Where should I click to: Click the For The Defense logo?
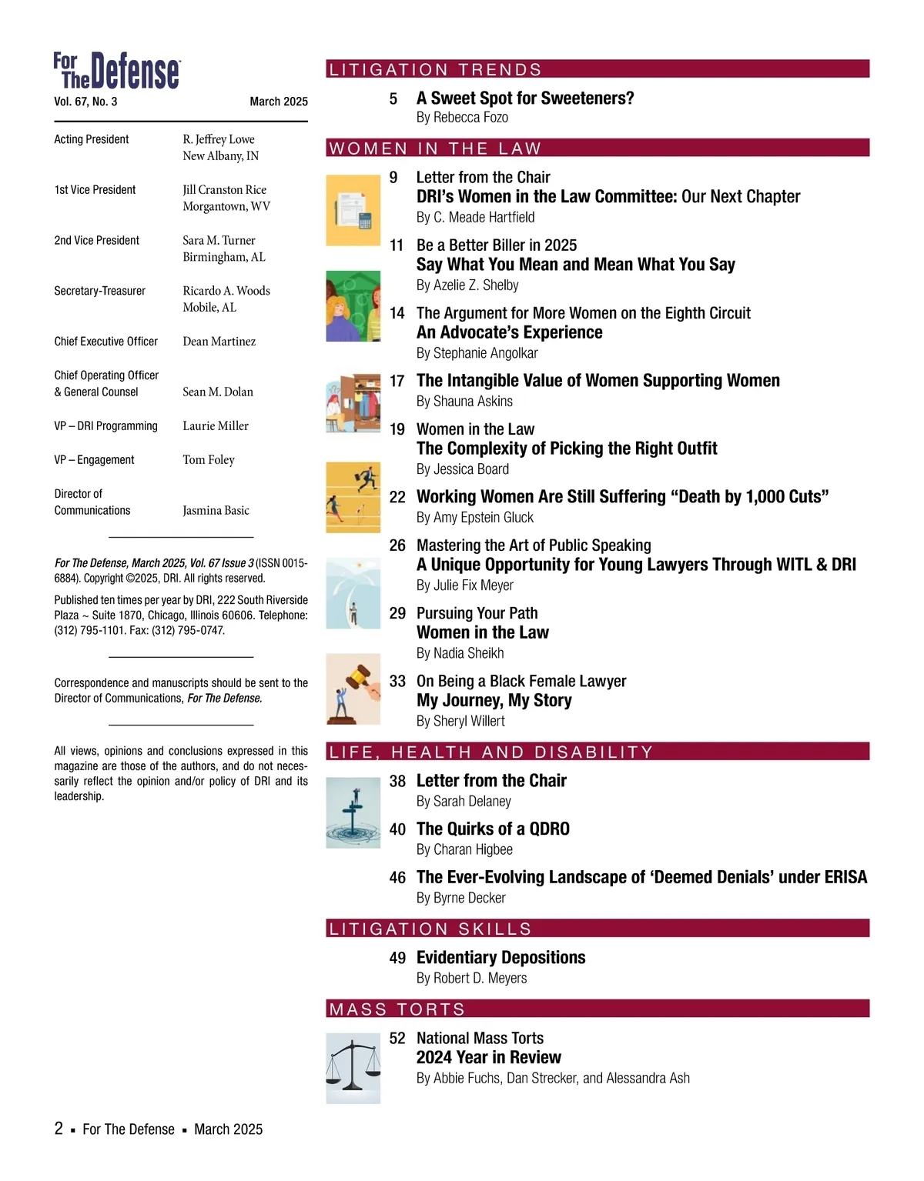[117, 71]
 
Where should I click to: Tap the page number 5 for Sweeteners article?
[393, 98]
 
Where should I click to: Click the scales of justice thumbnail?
[353, 1069]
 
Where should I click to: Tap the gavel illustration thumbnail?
[353, 689]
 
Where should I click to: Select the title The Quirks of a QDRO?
[493, 829]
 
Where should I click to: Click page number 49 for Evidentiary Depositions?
[397, 958]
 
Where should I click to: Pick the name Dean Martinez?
[219, 342]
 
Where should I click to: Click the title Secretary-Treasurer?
[100, 291]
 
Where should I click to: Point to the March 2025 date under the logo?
[279, 102]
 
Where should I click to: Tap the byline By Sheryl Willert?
[460, 721]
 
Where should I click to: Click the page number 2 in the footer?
[59, 1129]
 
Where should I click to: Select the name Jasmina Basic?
[216, 511]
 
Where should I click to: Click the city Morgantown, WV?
[226, 206]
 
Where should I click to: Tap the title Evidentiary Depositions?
[500, 958]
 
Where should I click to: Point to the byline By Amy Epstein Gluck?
[475, 518]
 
